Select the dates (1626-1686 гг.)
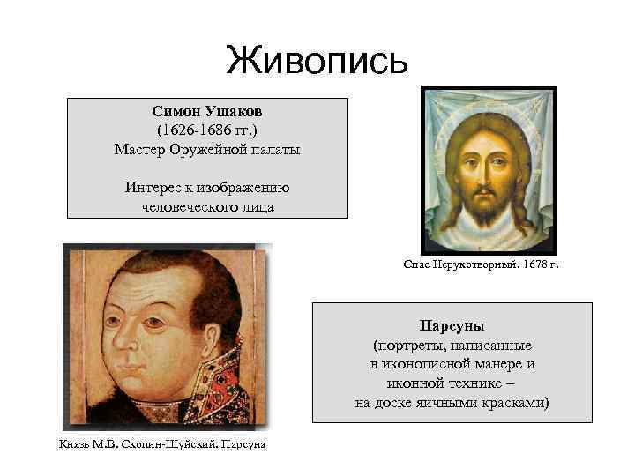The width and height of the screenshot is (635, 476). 207,131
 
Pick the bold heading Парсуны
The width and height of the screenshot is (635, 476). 451,325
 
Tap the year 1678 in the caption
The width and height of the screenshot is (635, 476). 528,264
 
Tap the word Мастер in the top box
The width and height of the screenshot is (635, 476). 140,150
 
